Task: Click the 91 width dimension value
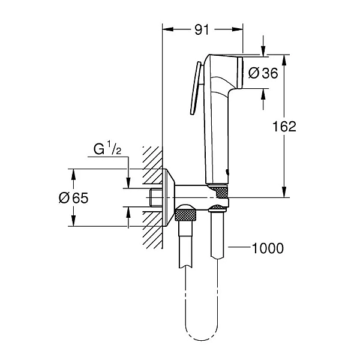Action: (203, 28)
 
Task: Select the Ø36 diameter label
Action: (262, 73)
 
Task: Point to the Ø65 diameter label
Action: (73, 198)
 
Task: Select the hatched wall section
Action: (153, 198)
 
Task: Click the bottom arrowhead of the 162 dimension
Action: (284, 193)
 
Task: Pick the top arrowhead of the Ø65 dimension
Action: (73, 173)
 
